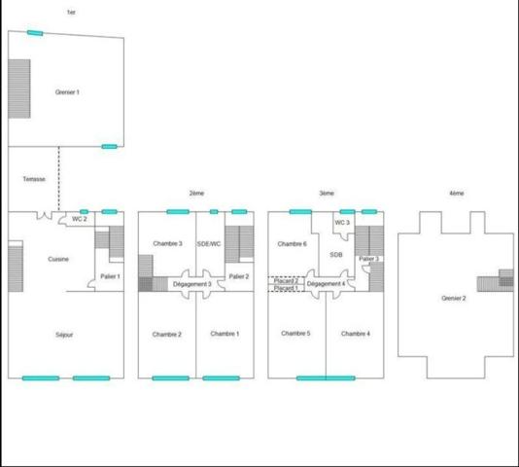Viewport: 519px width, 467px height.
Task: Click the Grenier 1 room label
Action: click(x=66, y=92)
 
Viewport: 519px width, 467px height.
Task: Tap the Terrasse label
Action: click(x=34, y=180)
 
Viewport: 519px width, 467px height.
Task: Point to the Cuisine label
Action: click(x=58, y=259)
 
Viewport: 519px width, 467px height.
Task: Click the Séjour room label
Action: click(x=64, y=335)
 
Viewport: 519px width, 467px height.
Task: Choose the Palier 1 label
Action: click(x=110, y=277)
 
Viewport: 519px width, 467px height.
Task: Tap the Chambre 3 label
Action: click(x=167, y=243)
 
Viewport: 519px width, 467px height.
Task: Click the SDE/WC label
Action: click(x=209, y=243)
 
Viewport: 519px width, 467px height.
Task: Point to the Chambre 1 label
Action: click(x=225, y=334)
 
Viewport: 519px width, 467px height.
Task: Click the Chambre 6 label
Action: click(x=292, y=243)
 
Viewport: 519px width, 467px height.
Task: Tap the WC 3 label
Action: click(x=341, y=223)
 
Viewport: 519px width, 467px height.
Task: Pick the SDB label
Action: click(x=336, y=255)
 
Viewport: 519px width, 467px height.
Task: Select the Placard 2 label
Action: click(x=286, y=280)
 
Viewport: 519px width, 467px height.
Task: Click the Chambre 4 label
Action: click(x=356, y=334)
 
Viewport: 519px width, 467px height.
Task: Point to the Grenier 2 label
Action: click(x=453, y=298)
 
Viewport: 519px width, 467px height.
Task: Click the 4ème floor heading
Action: click(x=456, y=194)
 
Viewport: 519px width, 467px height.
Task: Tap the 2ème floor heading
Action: click(x=196, y=194)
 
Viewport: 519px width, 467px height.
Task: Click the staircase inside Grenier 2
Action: click(x=505, y=279)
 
